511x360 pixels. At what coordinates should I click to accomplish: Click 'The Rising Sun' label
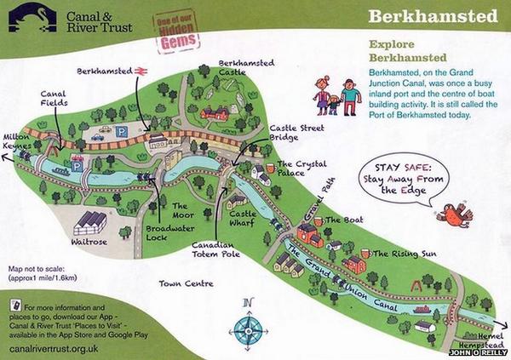pos(404,253)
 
